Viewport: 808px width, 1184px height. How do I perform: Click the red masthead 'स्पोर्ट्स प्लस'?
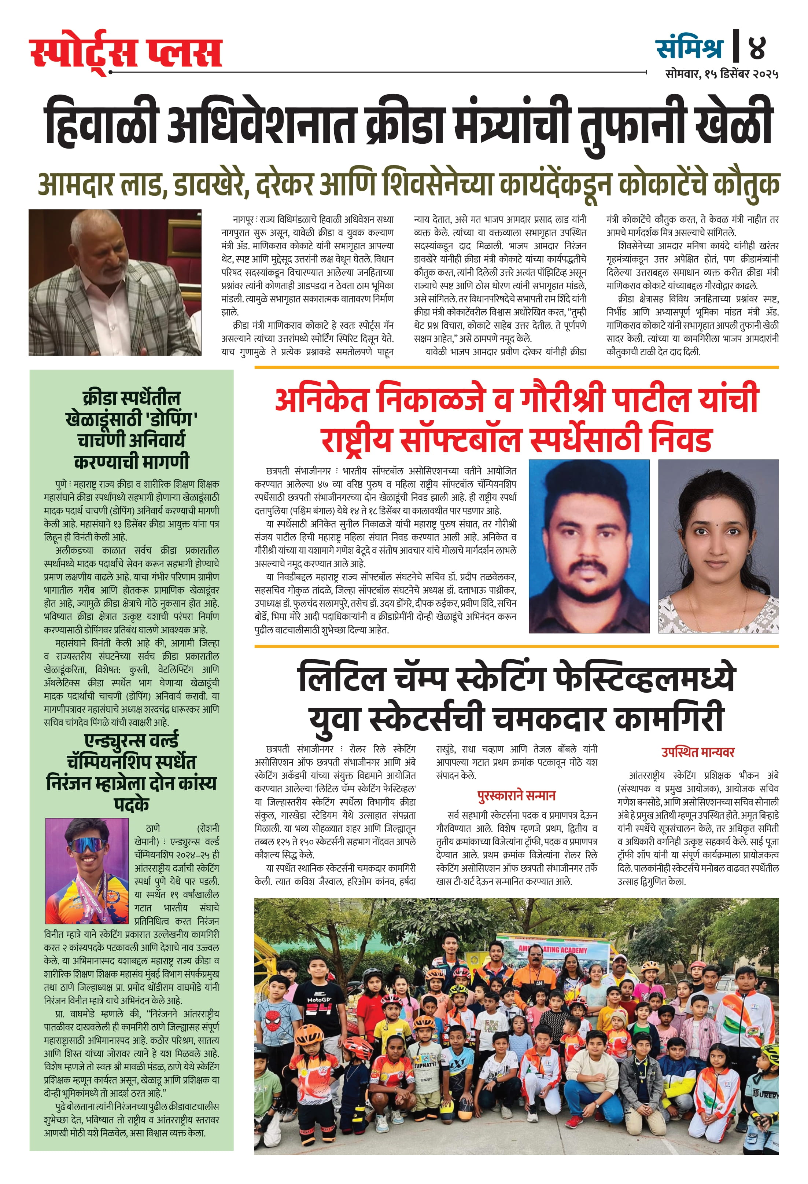coord(125,54)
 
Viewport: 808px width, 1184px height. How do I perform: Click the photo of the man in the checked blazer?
coord(115,282)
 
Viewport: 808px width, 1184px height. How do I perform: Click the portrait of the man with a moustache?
coord(589,546)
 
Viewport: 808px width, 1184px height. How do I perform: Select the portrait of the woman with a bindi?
coord(718,546)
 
